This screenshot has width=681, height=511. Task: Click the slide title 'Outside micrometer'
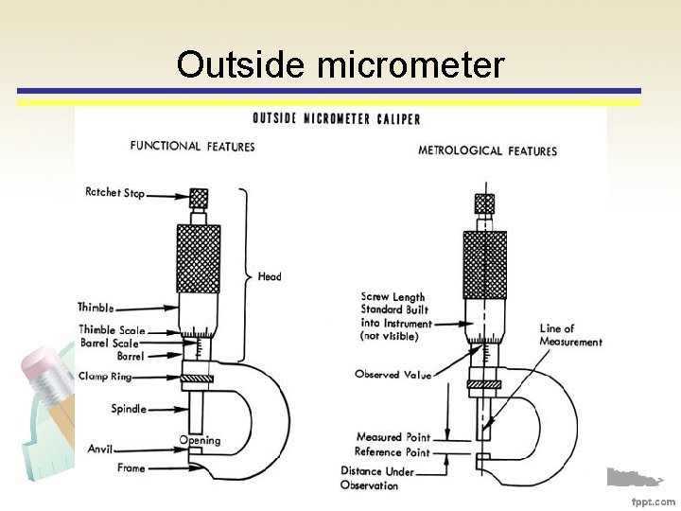pyautogui.click(x=340, y=64)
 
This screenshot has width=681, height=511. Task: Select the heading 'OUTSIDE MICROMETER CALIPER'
pyautogui.click(x=336, y=118)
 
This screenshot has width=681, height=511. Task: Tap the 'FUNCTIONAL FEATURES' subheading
pyautogui.click(x=192, y=146)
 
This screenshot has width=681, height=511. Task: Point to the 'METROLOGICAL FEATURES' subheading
pyautogui.click(x=487, y=150)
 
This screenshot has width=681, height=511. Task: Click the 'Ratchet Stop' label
pyautogui.click(x=115, y=193)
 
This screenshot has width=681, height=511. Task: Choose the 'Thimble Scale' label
pyautogui.click(x=112, y=330)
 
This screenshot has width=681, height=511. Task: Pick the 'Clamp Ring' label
pyautogui.click(x=104, y=377)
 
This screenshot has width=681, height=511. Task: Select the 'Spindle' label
pyautogui.click(x=129, y=409)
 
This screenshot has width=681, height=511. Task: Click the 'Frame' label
pyautogui.click(x=131, y=467)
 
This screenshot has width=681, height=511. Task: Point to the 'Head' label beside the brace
pyautogui.click(x=269, y=276)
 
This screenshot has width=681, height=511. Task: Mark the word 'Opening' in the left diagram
pyautogui.click(x=200, y=440)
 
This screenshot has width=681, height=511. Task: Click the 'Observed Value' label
pyautogui.click(x=393, y=375)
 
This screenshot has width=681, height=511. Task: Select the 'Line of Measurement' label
pyautogui.click(x=570, y=335)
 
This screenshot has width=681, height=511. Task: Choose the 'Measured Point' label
pyautogui.click(x=393, y=437)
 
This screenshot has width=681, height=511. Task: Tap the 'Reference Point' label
pyautogui.click(x=393, y=452)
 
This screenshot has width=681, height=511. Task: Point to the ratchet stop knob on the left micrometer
pyautogui.click(x=199, y=199)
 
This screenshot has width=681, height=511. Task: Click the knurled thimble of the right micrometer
pyautogui.click(x=484, y=261)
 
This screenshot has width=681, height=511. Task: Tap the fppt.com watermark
pyautogui.click(x=653, y=501)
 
